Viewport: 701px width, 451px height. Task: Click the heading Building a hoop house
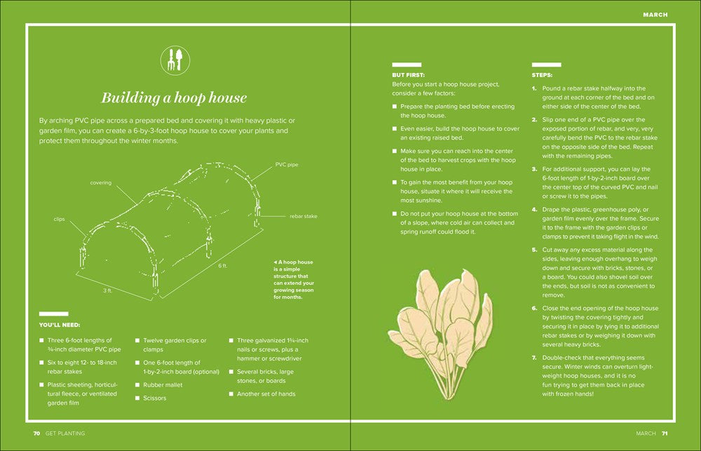tap(173, 97)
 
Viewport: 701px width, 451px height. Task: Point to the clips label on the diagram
tap(60, 219)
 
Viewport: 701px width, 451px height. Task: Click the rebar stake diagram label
tap(303, 216)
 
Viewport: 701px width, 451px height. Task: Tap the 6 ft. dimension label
tap(222, 266)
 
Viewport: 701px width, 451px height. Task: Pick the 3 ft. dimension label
tap(107, 290)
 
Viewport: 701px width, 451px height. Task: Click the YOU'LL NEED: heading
tap(60, 325)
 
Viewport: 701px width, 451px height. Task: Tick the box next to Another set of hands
tap(231, 394)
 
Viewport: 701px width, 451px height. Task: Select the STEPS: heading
tap(543, 74)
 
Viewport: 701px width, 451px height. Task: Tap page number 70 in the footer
tap(36, 433)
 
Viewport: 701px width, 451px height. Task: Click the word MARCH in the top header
tap(655, 14)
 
